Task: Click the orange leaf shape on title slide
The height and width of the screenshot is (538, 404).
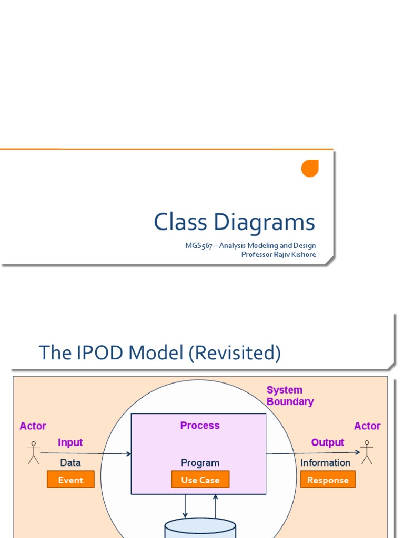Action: (x=310, y=168)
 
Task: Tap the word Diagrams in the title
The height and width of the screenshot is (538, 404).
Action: (x=265, y=223)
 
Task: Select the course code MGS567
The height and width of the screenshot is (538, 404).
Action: (x=198, y=245)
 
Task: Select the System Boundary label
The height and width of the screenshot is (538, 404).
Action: (x=289, y=396)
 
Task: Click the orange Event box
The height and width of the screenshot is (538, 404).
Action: (x=70, y=480)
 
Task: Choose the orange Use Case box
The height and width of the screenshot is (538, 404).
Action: (x=200, y=480)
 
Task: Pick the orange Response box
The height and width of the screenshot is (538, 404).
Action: (x=328, y=480)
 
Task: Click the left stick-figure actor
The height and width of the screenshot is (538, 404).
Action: (x=34, y=452)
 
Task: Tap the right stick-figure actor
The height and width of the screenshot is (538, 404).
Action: (x=367, y=452)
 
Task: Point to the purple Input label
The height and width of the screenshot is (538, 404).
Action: (x=70, y=442)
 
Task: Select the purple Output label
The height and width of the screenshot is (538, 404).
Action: (x=327, y=442)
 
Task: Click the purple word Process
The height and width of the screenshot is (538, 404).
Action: (x=200, y=426)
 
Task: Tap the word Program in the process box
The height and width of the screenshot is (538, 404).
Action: (x=200, y=463)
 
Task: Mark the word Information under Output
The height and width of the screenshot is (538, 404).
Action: (x=325, y=463)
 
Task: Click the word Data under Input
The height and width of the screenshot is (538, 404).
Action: (x=70, y=463)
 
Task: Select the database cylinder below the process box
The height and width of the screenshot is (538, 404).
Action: (x=200, y=527)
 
